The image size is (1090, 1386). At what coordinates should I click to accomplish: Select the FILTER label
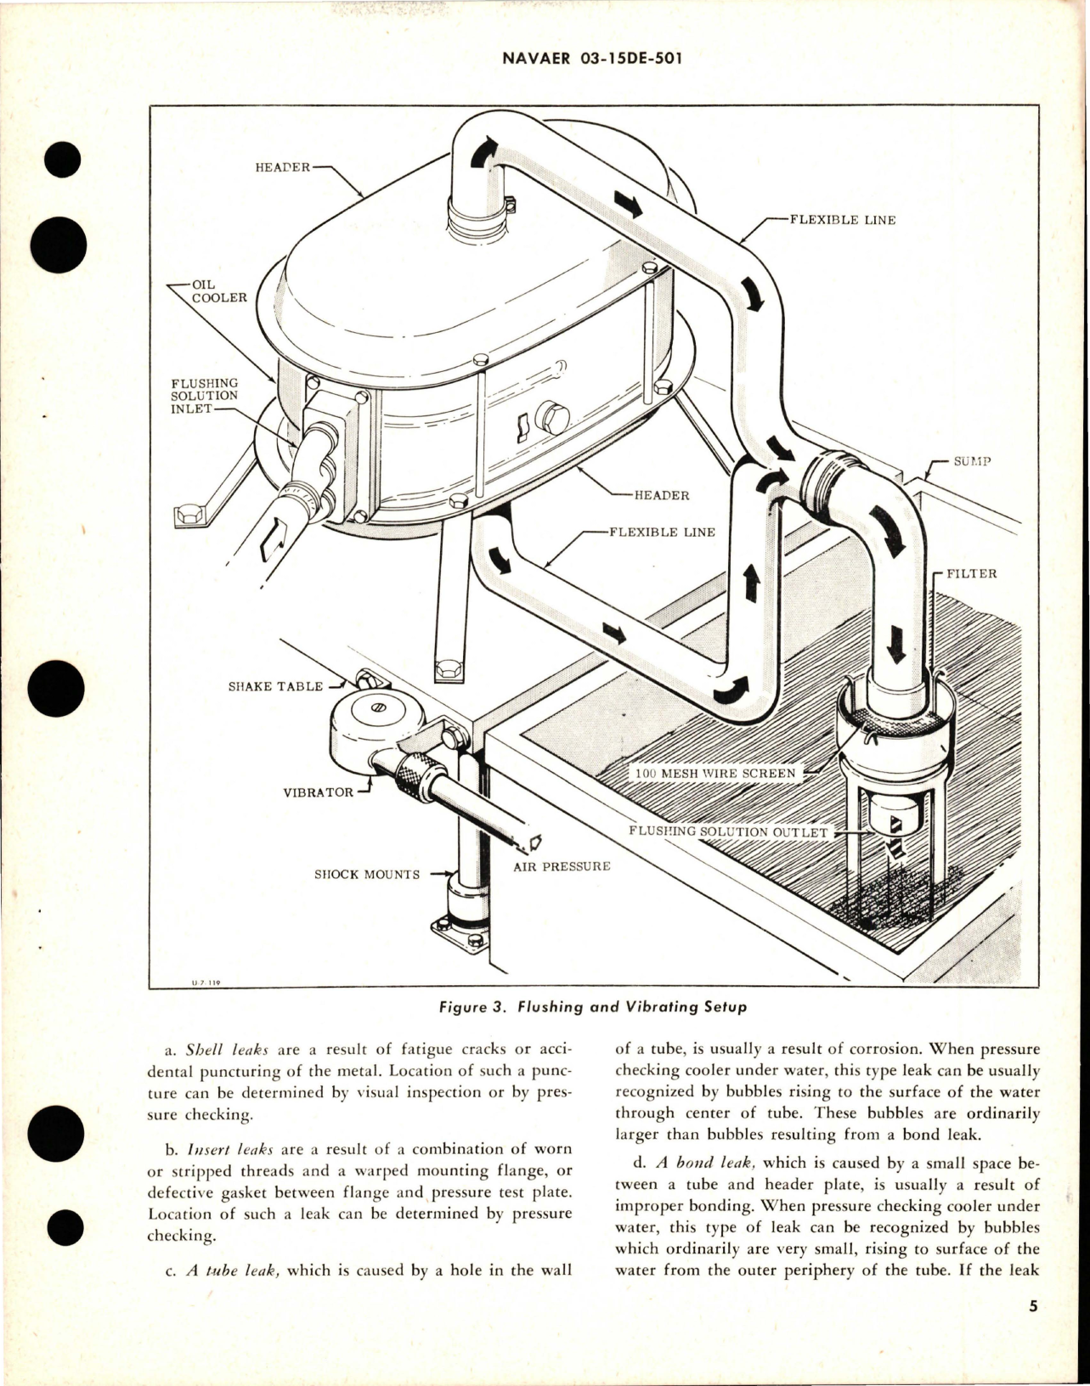[972, 573]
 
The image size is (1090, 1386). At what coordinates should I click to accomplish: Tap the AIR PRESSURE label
[562, 867]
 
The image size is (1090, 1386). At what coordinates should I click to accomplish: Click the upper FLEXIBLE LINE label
[842, 220]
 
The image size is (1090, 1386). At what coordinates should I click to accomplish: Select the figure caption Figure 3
[593, 1008]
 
